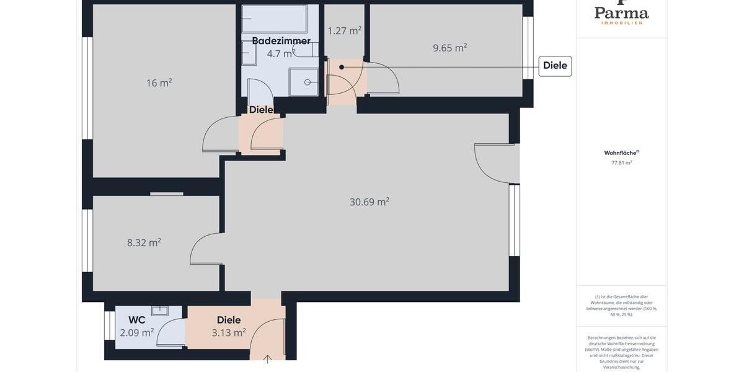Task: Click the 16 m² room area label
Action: pos(159,82)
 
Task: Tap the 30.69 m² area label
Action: pos(369,201)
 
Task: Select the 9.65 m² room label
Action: pos(449,48)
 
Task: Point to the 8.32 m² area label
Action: pos(144,242)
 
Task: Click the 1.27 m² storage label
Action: pos(344,30)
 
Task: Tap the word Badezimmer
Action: pos(281,41)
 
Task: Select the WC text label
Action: pos(137,320)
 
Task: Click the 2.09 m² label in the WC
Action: pos(137,332)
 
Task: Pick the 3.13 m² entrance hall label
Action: pos(229,332)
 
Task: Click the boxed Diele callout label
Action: pos(555,66)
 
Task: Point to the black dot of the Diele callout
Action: pos(341,67)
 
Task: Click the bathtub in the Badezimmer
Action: pos(274,19)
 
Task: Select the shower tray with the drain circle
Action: pos(304,82)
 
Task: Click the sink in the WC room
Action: pos(160,311)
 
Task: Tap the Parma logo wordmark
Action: pos(621,13)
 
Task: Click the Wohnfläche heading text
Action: pos(621,153)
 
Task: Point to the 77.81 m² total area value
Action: pos(621,163)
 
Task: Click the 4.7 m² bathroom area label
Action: pos(280,54)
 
